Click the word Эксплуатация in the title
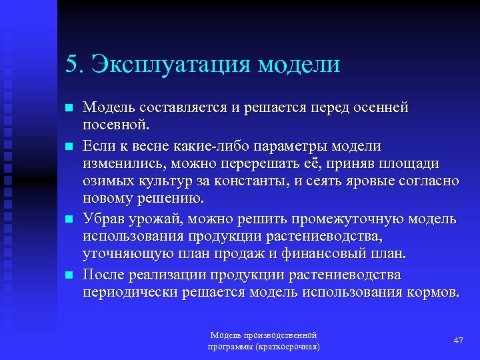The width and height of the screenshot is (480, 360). (x=172, y=65)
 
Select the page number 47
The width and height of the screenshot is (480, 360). (x=458, y=341)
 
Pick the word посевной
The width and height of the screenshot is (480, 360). (x=116, y=125)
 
